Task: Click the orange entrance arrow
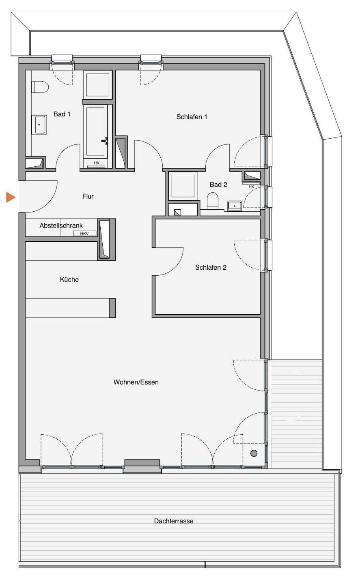pos(11,198)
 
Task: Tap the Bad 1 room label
pos(62,114)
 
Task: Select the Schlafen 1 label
pos(192,117)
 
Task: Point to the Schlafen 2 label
pos(211,267)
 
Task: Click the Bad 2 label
pos(218,185)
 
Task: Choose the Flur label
pos(88,196)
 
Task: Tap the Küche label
pos(69,279)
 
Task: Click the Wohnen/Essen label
pos(136,382)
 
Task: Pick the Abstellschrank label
pos(61,225)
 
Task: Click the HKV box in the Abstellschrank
pos(84,234)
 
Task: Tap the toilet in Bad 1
pos(40,87)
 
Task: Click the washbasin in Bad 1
pos(39,125)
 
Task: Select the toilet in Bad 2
pos(213,201)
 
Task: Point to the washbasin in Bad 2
pos(235,206)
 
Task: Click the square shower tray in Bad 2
pos(183,186)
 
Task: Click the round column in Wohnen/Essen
pos(254,453)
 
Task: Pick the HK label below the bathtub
pos(97,163)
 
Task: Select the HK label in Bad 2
pos(252,187)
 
